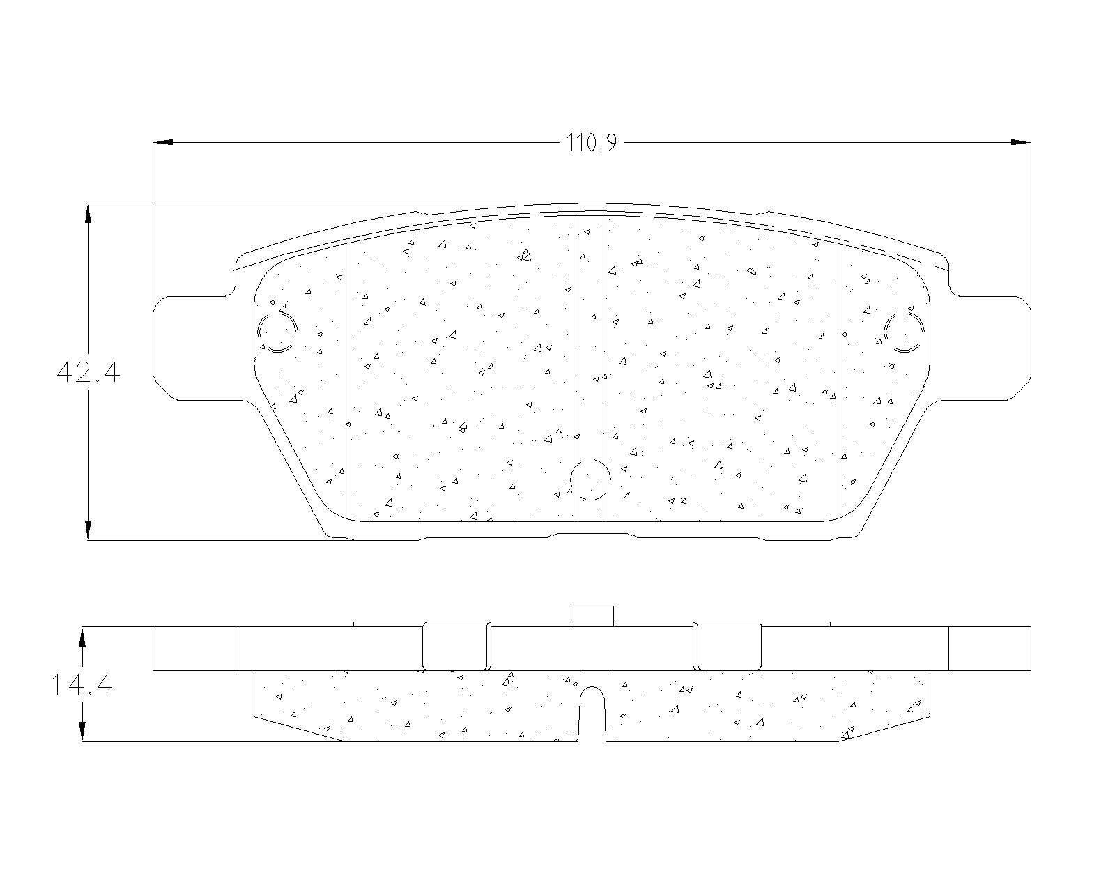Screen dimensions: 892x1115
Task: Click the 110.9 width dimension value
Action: coord(592,144)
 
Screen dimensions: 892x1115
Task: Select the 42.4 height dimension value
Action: coord(88,373)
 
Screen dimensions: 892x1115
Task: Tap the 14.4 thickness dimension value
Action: coord(82,685)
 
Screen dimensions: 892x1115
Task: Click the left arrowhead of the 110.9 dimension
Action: coord(162,143)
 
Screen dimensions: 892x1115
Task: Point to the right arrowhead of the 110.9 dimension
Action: coord(1021,143)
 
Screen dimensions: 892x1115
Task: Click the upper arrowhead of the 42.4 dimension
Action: coord(88,213)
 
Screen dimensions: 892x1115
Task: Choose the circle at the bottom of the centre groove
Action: coord(591,479)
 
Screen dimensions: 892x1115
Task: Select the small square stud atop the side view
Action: coord(592,616)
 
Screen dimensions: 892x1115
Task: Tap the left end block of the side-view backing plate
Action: coord(194,649)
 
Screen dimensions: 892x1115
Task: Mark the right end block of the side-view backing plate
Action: coord(990,649)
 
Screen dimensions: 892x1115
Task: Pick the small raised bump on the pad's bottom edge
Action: coord(593,535)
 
